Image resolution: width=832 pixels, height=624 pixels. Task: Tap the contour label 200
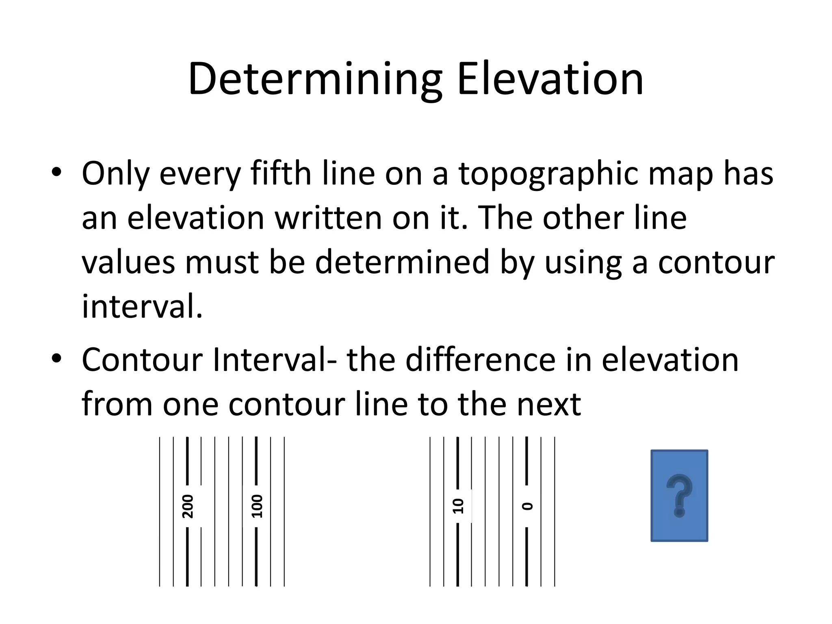pyautogui.click(x=188, y=506)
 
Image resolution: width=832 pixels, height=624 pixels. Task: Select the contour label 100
pyautogui.click(x=257, y=506)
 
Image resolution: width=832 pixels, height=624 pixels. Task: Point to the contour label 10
pyautogui.click(x=458, y=506)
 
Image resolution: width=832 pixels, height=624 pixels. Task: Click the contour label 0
pyautogui.click(x=527, y=506)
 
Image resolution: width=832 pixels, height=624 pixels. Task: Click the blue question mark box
pyautogui.click(x=679, y=495)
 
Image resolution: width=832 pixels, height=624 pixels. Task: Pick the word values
pyautogui.click(x=128, y=262)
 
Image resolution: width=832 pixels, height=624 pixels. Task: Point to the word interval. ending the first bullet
pyautogui.click(x=142, y=306)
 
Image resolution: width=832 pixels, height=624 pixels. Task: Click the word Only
pyautogui.click(x=115, y=174)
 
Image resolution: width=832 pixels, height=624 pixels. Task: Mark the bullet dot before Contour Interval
pyautogui.click(x=56, y=359)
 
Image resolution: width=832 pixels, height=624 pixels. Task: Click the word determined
pyautogui.click(x=402, y=262)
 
